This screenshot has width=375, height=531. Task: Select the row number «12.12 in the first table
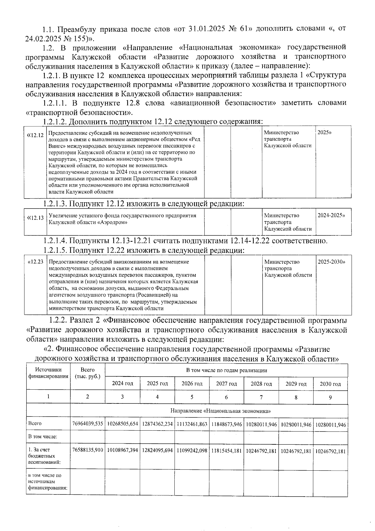(35, 135)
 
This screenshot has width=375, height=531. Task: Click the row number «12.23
(36, 262)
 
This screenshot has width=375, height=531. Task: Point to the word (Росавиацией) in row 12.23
(153, 295)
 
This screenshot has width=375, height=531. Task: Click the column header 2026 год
(192, 383)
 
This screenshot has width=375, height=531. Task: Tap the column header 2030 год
(330, 384)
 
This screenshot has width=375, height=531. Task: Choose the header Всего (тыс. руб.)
(87, 373)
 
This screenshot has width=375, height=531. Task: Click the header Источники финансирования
(48, 373)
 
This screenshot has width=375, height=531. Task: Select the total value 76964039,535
(87, 424)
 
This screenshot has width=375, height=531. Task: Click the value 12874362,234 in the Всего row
(157, 424)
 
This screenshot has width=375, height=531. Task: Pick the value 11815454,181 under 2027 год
(226, 451)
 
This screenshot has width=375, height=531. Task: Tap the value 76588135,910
(87, 451)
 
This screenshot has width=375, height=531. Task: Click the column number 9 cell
(330, 397)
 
